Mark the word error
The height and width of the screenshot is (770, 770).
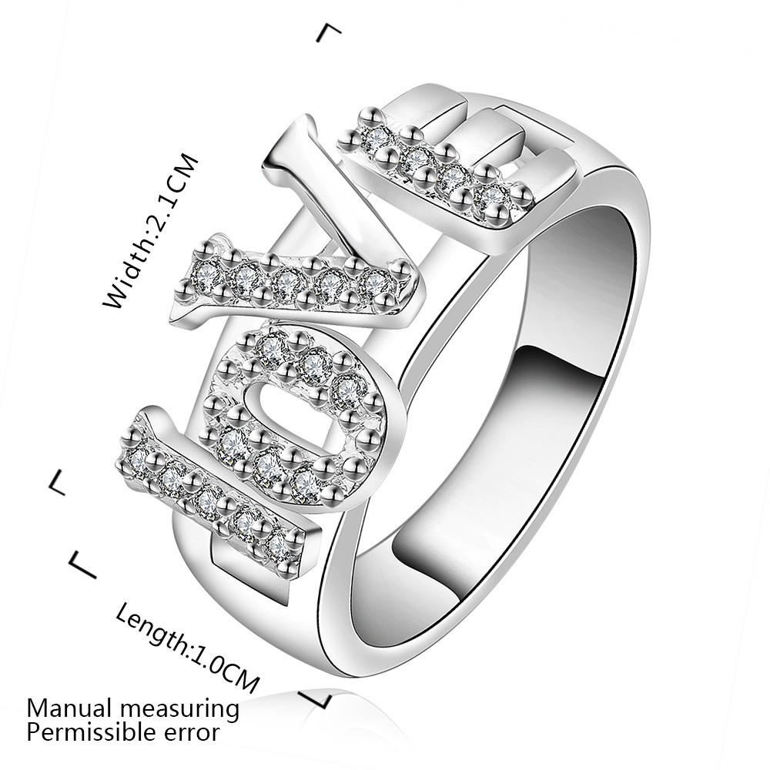click(x=196, y=731)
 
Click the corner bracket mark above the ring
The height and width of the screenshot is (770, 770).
click(x=330, y=32)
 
